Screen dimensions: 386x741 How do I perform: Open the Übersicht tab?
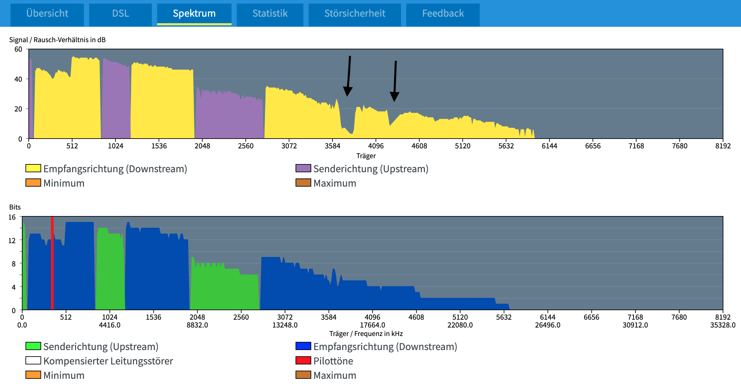click(47, 13)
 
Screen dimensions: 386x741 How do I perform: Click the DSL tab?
click(121, 13)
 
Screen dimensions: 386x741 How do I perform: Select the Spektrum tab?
click(194, 13)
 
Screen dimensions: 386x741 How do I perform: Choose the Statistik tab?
click(270, 13)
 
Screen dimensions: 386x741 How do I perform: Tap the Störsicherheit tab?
click(355, 13)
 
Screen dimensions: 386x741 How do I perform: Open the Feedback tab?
click(443, 13)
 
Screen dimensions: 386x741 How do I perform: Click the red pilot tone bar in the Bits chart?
click(52, 263)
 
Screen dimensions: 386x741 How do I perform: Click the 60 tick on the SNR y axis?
click(18, 49)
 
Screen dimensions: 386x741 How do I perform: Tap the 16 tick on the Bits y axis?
click(12, 217)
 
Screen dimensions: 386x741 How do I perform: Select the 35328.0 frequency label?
click(723, 325)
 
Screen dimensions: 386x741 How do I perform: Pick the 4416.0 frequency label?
click(110, 325)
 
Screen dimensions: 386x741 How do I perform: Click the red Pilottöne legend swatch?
click(303, 361)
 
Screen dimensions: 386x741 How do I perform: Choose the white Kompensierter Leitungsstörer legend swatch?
click(33, 361)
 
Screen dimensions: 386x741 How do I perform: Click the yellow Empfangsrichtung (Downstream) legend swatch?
click(33, 168)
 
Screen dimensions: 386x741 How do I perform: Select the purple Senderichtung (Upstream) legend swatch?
click(303, 168)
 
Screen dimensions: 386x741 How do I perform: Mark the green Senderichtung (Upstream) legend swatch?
click(33, 346)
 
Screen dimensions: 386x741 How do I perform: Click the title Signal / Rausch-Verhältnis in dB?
click(57, 40)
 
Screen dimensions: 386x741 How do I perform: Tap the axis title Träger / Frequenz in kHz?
click(366, 334)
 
